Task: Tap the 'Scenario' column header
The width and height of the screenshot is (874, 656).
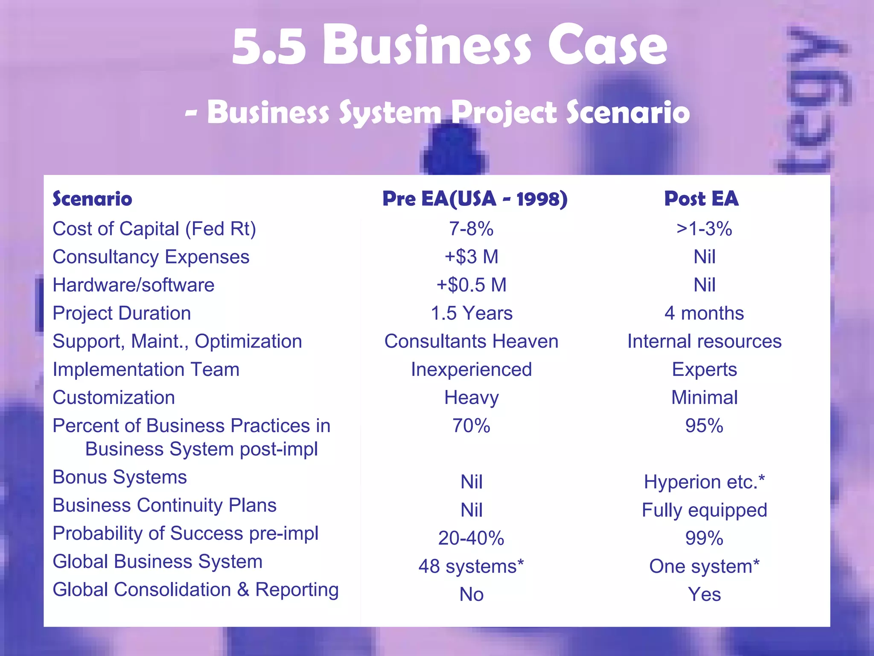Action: pos(92,199)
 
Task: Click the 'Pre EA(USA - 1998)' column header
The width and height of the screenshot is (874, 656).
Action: pos(475,199)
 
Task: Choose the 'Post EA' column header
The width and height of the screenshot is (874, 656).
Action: pos(701,199)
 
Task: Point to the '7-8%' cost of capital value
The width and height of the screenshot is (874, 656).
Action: pos(471,229)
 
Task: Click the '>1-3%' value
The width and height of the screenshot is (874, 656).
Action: pos(704,229)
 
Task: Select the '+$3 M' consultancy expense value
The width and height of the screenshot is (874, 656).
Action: pos(471,257)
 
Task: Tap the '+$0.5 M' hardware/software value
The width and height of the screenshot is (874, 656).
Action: pos(471,285)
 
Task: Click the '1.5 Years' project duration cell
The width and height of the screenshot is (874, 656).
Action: pos(471,313)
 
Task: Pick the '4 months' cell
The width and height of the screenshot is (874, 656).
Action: pos(704,313)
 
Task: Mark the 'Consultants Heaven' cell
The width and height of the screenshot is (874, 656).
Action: pos(471,342)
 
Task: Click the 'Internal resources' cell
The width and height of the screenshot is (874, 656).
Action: pos(704,342)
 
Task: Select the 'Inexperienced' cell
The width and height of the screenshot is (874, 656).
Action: pos(471,370)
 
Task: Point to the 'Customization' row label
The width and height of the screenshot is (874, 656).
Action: pos(114,398)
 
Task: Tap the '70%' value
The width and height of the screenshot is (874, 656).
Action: pos(471,426)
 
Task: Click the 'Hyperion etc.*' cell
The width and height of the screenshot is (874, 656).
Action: pos(704,482)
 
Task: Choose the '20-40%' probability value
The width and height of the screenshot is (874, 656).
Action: pos(471,539)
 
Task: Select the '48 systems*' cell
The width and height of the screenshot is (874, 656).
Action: pos(471,567)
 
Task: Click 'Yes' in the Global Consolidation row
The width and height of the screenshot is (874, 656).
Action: pos(704,594)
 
